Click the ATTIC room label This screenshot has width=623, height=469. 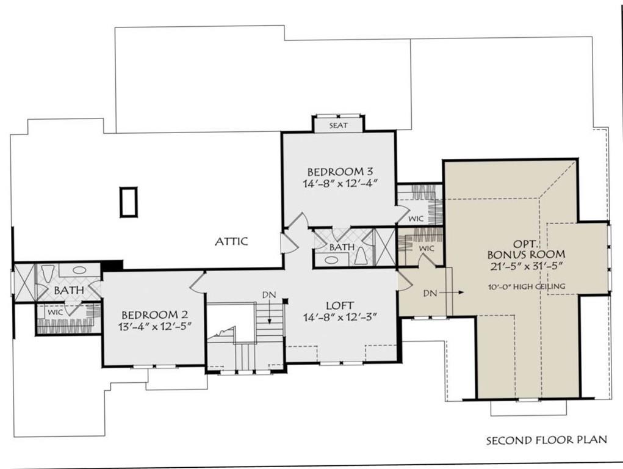(x=231, y=241)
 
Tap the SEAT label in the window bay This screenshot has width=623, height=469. (x=339, y=125)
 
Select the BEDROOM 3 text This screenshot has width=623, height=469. (x=340, y=172)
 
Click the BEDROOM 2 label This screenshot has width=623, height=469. (x=154, y=315)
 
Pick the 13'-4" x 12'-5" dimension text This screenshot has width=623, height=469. (x=155, y=327)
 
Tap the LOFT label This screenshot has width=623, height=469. (x=340, y=305)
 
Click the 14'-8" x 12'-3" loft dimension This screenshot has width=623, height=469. (x=340, y=317)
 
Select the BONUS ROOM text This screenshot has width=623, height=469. (x=527, y=254)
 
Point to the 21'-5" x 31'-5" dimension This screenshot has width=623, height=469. (x=527, y=266)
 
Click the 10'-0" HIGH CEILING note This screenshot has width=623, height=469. (x=527, y=286)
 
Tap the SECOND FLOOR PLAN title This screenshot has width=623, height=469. (x=547, y=440)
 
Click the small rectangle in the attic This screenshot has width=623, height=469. (x=129, y=202)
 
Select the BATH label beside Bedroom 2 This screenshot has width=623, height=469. (x=69, y=291)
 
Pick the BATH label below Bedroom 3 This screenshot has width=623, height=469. (x=342, y=247)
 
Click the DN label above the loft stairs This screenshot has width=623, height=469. (x=269, y=295)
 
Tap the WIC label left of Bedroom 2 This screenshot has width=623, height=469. (x=56, y=312)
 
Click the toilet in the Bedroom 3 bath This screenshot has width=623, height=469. (x=361, y=256)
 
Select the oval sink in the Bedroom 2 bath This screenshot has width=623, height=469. (x=79, y=270)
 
